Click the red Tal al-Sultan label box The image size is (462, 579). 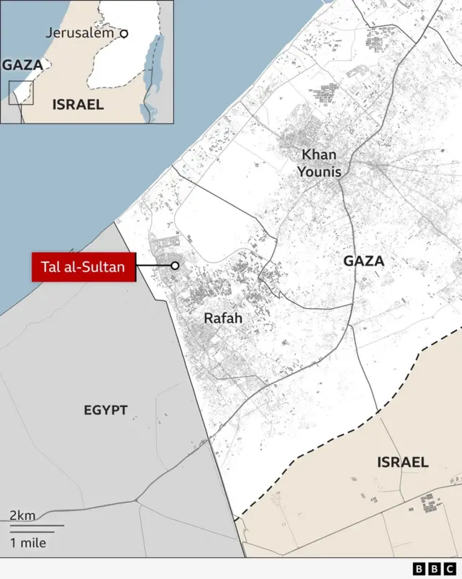pyautogui.click(x=83, y=267)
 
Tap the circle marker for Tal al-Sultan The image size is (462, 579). pyautogui.click(x=175, y=266)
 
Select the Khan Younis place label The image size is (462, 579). pyautogui.click(x=319, y=163)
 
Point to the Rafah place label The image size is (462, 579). pyautogui.click(x=223, y=318)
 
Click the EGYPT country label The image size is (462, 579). pyautogui.click(x=105, y=411)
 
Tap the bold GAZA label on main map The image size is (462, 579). pyautogui.click(x=364, y=261)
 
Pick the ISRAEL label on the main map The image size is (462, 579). pyautogui.click(x=403, y=462)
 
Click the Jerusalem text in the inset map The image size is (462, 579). pyautogui.click(x=79, y=33)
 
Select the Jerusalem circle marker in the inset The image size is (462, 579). pyautogui.click(x=124, y=33)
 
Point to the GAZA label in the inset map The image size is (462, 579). pyautogui.click(x=22, y=65)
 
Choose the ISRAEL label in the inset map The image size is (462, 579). pyautogui.click(x=78, y=105)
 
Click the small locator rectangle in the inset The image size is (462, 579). pyautogui.click(x=21, y=92)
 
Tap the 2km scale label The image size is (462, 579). pyautogui.click(x=22, y=515)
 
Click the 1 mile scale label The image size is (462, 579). pyautogui.click(x=28, y=542)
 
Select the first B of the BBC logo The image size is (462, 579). pyautogui.click(x=418, y=568)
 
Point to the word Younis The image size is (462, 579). pyautogui.click(x=319, y=172)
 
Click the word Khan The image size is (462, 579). pyautogui.click(x=319, y=154)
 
